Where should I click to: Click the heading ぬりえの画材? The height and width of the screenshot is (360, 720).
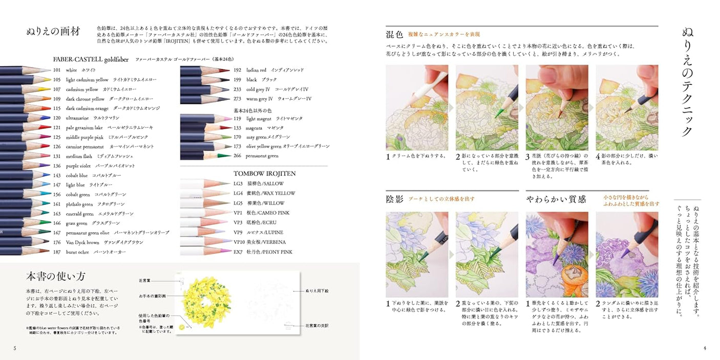point(53,31)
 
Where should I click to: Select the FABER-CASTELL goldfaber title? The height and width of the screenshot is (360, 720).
point(90,59)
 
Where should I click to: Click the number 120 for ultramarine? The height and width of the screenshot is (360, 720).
point(56,118)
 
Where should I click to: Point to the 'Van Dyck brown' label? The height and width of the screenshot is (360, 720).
point(82,242)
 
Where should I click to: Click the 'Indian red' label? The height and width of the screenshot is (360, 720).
point(256,70)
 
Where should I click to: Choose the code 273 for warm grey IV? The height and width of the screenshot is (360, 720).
point(237,99)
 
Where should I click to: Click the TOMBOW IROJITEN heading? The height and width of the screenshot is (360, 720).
point(264,174)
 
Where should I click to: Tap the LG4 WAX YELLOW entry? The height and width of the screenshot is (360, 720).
point(264,194)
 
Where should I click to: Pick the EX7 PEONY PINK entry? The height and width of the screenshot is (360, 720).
point(263,252)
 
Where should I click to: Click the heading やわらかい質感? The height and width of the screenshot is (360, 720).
point(556,199)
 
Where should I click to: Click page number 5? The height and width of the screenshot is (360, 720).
point(15,349)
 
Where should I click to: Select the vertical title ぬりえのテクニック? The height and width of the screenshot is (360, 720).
point(687,82)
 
